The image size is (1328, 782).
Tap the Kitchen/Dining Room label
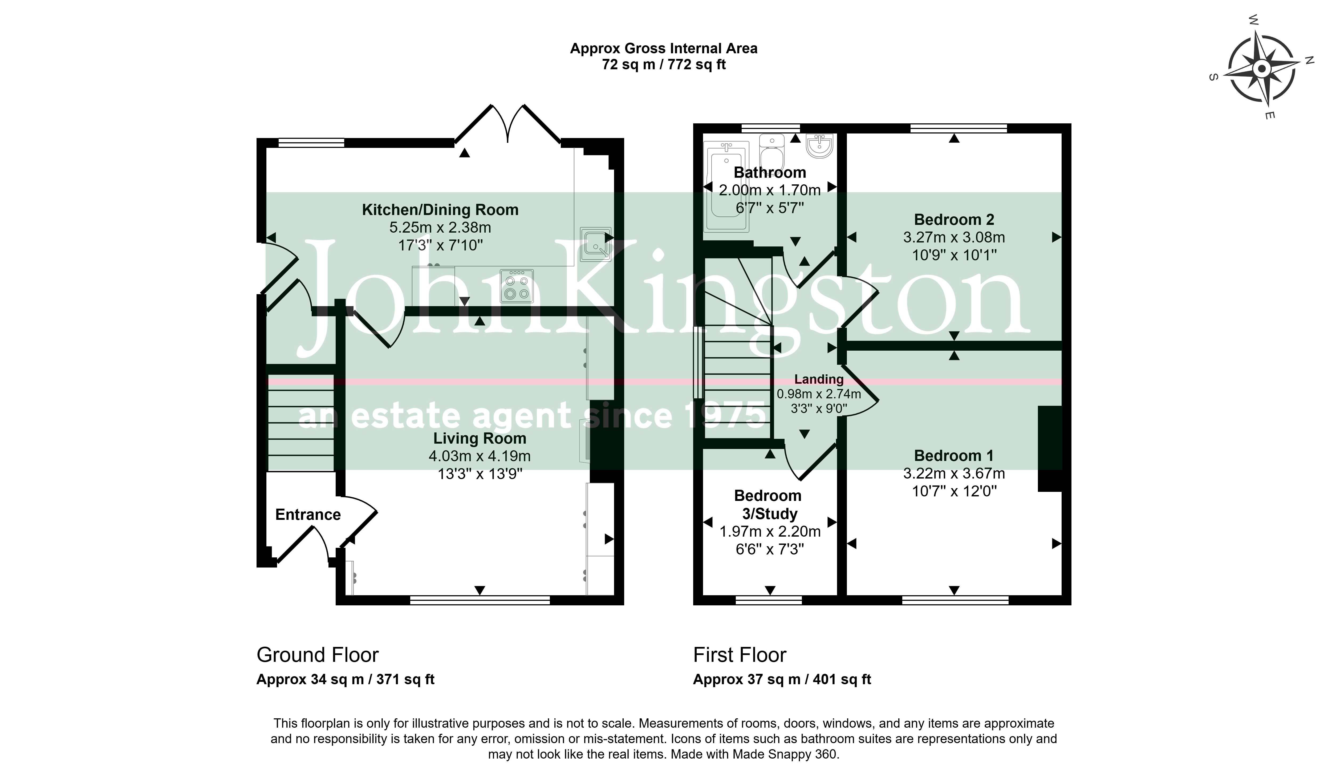click(x=440, y=210)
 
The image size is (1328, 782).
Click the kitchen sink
click(x=595, y=244)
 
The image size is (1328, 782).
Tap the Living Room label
click(x=480, y=438)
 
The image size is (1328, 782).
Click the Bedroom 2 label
click(x=954, y=219)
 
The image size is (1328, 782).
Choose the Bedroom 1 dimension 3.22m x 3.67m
click(x=954, y=473)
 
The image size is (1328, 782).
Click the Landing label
click(x=819, y=379)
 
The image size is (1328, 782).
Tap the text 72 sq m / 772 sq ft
click(x=664, y=64)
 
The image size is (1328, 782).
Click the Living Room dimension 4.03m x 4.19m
click(x=480, y=456)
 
